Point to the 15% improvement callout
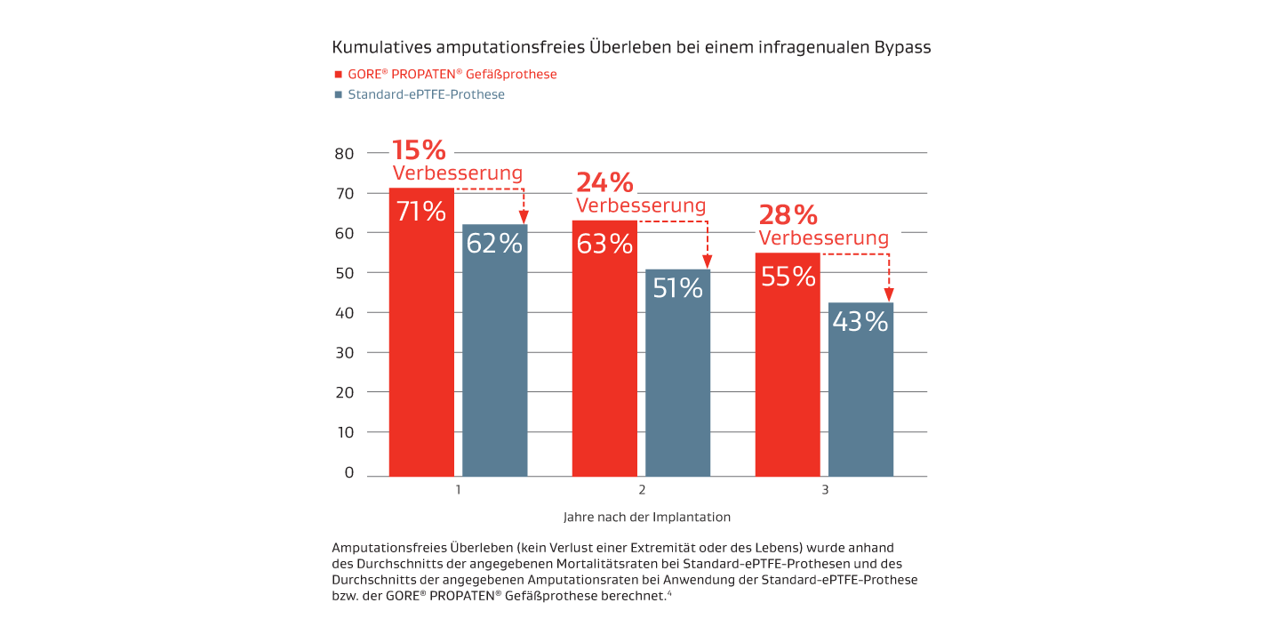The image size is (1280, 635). [419, 150]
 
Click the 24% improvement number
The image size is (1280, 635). [604, 183]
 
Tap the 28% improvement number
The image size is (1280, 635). [788, 215]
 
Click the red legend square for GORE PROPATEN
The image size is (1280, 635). [338, 75]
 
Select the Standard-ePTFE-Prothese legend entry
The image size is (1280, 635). [426, 94]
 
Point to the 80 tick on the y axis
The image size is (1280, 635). [345, 153]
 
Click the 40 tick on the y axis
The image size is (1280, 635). [345, 312]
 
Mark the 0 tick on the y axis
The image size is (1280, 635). [349, 472]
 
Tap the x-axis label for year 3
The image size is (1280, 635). [824, 490]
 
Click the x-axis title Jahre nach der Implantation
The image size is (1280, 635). [646, 517]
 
